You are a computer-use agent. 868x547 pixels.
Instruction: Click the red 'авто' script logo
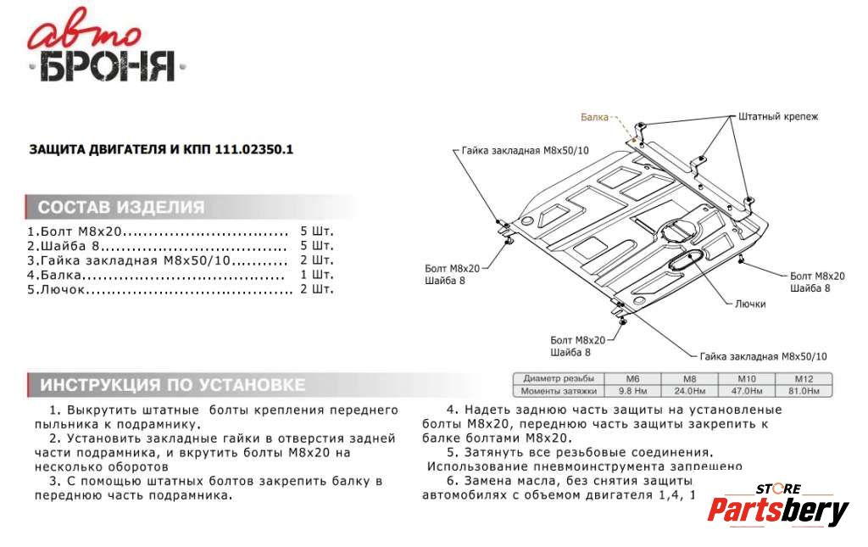click(x=83, y=36)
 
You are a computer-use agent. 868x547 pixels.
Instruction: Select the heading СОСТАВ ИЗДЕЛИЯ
click(x=121, y=207)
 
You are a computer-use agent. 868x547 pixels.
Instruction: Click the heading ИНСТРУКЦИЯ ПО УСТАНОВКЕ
click(x=173, y=385)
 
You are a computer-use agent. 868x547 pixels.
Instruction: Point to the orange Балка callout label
click(x=594, y=117)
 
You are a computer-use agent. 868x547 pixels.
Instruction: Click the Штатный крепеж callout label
click(x=778, y=116)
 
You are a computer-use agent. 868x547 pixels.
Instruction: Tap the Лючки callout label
click(x=750, y=304)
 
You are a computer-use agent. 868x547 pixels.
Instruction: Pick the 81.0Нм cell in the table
click(x=803, y=391)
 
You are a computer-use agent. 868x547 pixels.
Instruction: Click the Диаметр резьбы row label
click(x=559, y=378)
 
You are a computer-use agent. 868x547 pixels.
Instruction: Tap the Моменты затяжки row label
click(x=559, y=391)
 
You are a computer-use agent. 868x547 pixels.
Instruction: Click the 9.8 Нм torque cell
click(x=632, y=391)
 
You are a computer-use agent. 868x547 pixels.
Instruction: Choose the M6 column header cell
click(x=632, y=378)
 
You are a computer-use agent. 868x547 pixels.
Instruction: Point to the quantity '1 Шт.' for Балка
click(x=317, y=275)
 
